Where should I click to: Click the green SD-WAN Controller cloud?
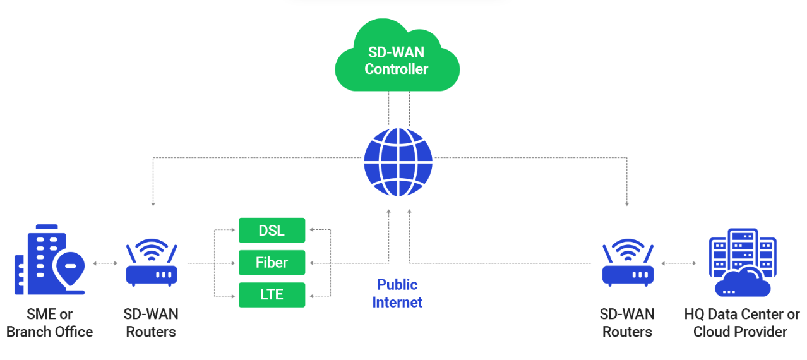coord(397,57)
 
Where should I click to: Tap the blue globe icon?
coord(398,162)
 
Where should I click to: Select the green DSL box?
coord(272,231)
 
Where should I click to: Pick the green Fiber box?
coord(272,262)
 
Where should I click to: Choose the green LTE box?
coord(272,295)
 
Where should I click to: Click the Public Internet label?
coord(397,293)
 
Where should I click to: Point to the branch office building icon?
coord(49,260)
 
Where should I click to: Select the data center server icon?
coord(743,262)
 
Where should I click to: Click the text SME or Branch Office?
coord(50,323)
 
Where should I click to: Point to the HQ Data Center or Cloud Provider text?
coord(741,323)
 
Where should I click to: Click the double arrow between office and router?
coord(105,263)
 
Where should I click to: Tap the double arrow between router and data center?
coord(679,263)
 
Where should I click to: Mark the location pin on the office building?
coord(69,268)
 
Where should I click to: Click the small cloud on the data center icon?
coord(743,283)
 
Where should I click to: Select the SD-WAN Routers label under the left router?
coord(151,323)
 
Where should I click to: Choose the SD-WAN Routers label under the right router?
coord(627,323)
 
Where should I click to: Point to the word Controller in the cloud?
coord(397,69)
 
